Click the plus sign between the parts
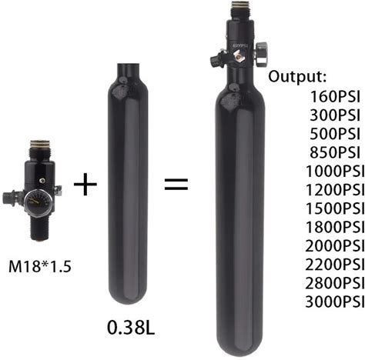pyautogui.click(x=85, y=184)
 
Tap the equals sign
pyautogui.click(x=176, y=185)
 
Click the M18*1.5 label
pyautogui.click(x=40, y=266)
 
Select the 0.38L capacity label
pyautogui.click(x=131, y=328)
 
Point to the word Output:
pyautogui.click(x=297, y=76)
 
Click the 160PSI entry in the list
pyautogui.click(x=335, y=96)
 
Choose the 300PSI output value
pyautogui.click(x=335, y=115)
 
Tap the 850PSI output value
pyautogui.click(x=335, y=152)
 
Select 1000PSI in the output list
pyautogui.click(x=335, y=171)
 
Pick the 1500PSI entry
pyautogui.click(x=335, y=208)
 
